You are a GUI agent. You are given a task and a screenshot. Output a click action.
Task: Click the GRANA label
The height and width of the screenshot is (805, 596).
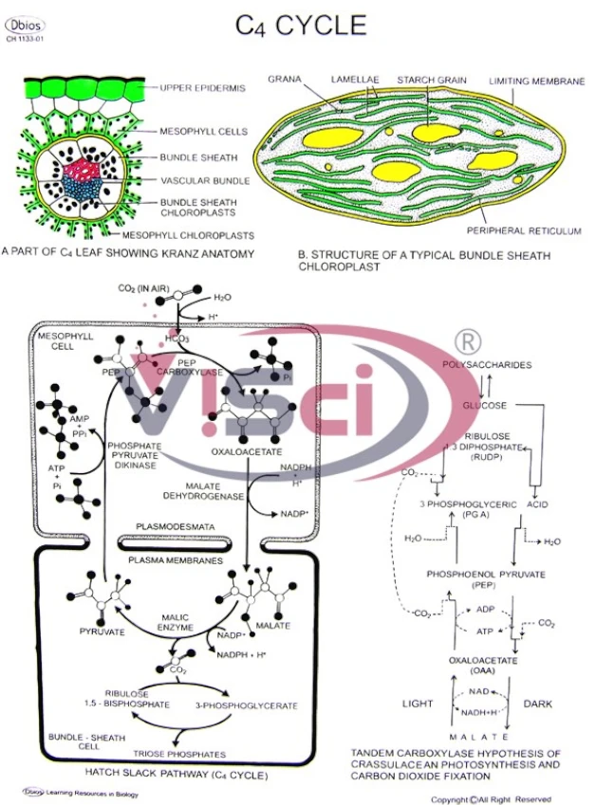(x=284, y=79)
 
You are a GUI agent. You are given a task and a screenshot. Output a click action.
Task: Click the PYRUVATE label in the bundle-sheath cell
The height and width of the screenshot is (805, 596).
(x=96, y=630)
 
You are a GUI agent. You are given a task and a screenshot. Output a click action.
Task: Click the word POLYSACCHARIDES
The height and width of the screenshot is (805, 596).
(x=487, y=365)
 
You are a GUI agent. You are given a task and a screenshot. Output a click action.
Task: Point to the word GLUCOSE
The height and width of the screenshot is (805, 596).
(x=485, y=406)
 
